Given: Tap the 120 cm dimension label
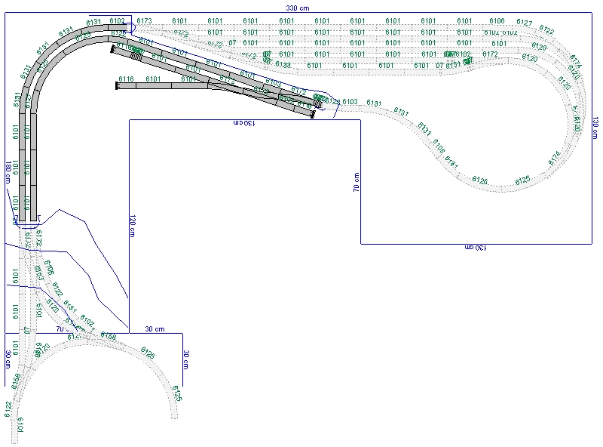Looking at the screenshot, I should click(x=133, y=227).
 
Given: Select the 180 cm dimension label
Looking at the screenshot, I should click(x=8, y=173).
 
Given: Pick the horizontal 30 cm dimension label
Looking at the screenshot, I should click(x=155, y=329).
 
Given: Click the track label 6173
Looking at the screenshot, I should click(x=145, y=20).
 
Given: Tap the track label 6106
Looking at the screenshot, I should click(x=497, y=20).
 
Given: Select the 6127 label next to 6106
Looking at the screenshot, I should click(x=525, y=23).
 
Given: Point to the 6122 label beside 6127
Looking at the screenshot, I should click(x=546, y=31).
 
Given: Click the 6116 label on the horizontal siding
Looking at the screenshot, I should click(x=127, y=79).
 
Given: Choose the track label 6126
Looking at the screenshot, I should click(x=479, y=180).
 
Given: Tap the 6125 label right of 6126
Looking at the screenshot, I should click(x=522, y=180).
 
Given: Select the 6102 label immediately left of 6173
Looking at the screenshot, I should click(x=117, y=20).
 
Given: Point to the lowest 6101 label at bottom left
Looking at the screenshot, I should click(x=20, y=424).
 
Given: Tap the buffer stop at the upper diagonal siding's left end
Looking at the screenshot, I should click(x=112, y=48).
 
